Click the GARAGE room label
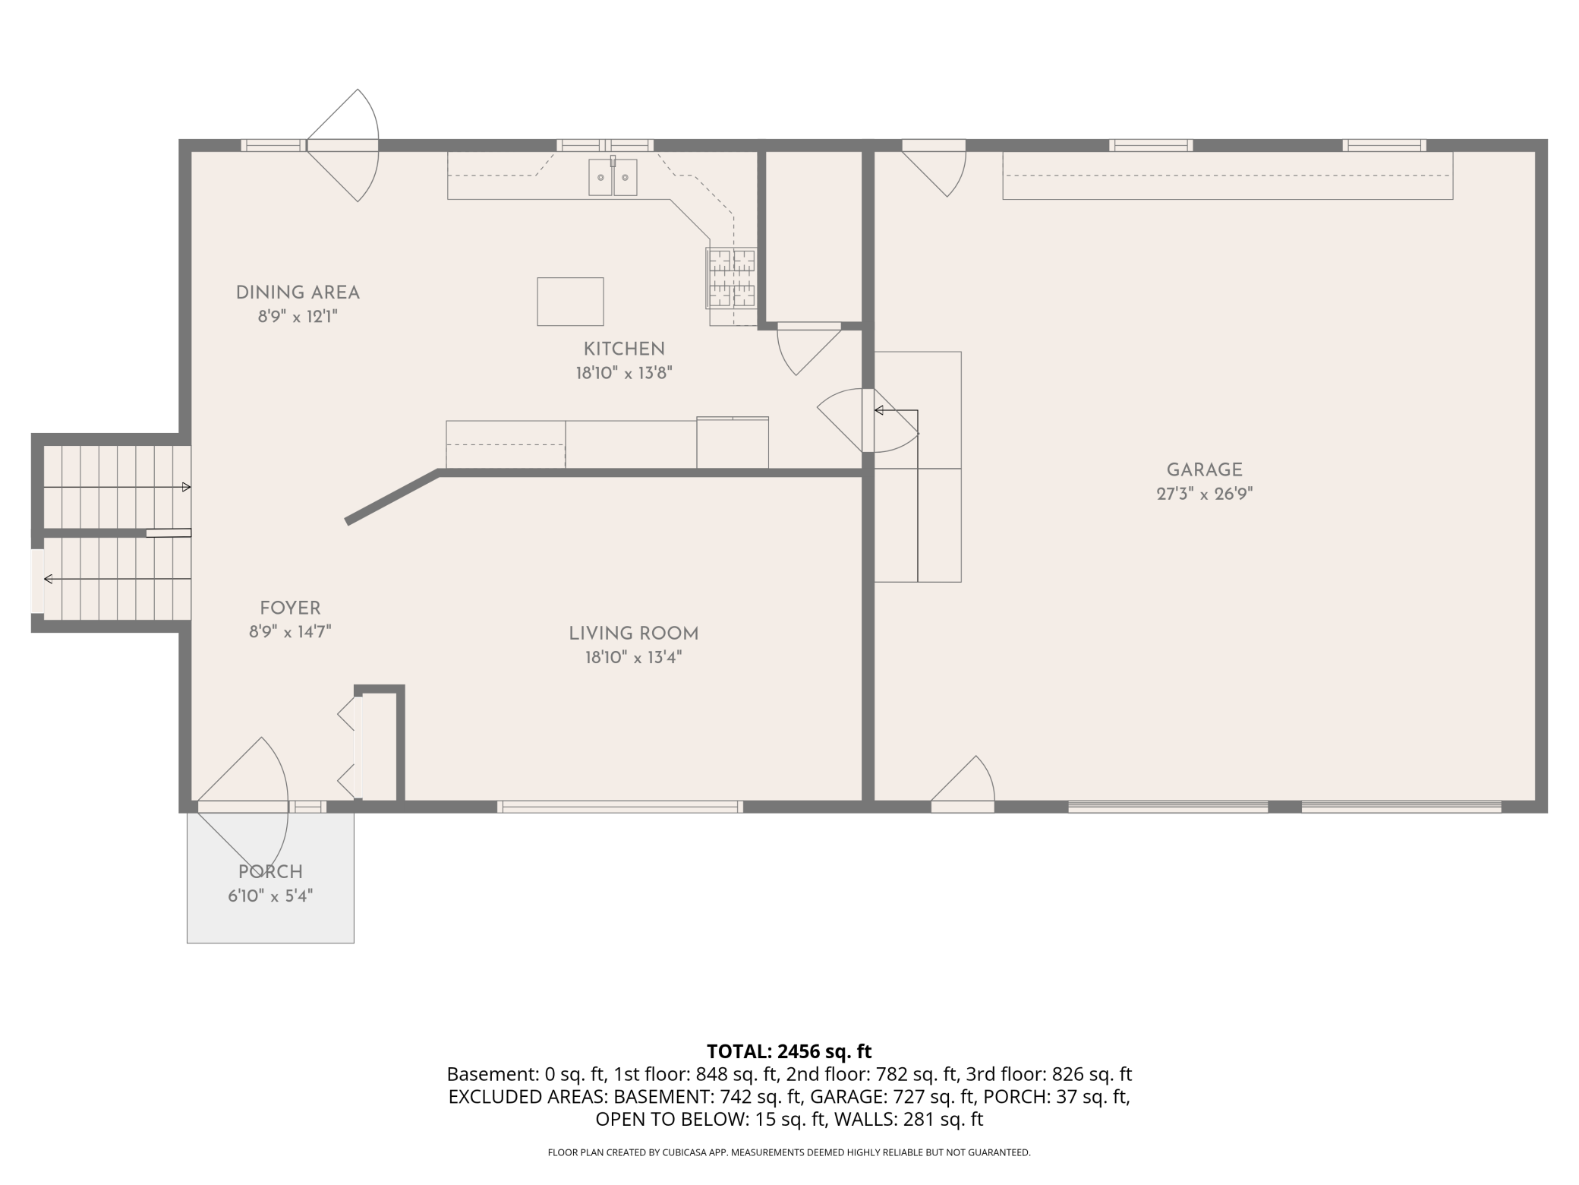point(1204,469)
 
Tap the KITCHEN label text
point(624,349)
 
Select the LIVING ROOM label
point(634,634)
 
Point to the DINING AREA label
point(298,292)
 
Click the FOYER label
point(290,608)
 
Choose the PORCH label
point(270,872)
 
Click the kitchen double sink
point(613,177)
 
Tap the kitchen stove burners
point(732,278)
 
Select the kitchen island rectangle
point(570,302)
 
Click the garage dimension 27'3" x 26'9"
point(1204,494)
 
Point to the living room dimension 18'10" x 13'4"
point(634,658)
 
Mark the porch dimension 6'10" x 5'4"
point(270,896)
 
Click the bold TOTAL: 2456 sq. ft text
point(789,1051)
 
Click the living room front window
point(620,807)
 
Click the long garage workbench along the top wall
point(1228,175)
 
